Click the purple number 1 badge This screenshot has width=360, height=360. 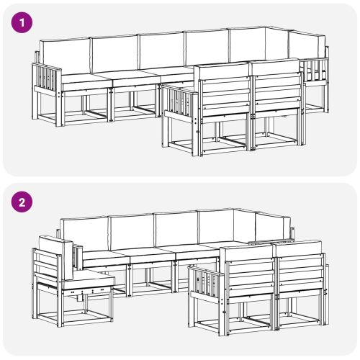(x=23, y=22)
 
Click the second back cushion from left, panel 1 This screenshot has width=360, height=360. (x=114, y=51)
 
